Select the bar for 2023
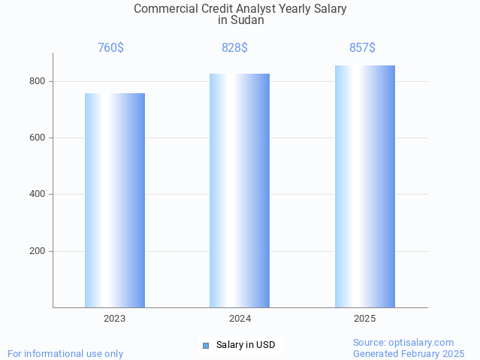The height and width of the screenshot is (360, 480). click(x=115, y=200)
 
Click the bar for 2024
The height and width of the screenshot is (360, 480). click(x=240, y=190)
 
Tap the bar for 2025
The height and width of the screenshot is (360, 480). click(x=365, y=186)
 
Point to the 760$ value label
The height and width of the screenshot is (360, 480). click(x=110, y=48)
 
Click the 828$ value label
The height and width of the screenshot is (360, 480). click(x=234, y=48)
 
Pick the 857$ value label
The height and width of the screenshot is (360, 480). click(x=362, y=48)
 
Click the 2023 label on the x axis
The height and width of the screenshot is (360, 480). click(x=115, y=319)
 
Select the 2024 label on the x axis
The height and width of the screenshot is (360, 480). click(x=240, y=319)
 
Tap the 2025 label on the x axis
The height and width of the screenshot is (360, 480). click(x=365, y=319)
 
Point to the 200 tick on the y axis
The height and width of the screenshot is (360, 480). click(x=37, y=251)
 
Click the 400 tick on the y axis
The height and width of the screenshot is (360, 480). click(x=37, y=195)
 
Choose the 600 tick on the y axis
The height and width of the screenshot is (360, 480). click(x=37, y=138)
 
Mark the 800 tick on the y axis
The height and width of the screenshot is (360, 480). click(x=37, y=81)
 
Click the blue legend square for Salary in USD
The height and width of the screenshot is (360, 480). click(x=206, y=346)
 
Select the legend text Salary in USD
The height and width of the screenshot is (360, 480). click(x=246, y=346)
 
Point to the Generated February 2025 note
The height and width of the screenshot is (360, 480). click(x=409, y=354)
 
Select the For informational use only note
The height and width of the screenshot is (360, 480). click(x=65, y=354)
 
